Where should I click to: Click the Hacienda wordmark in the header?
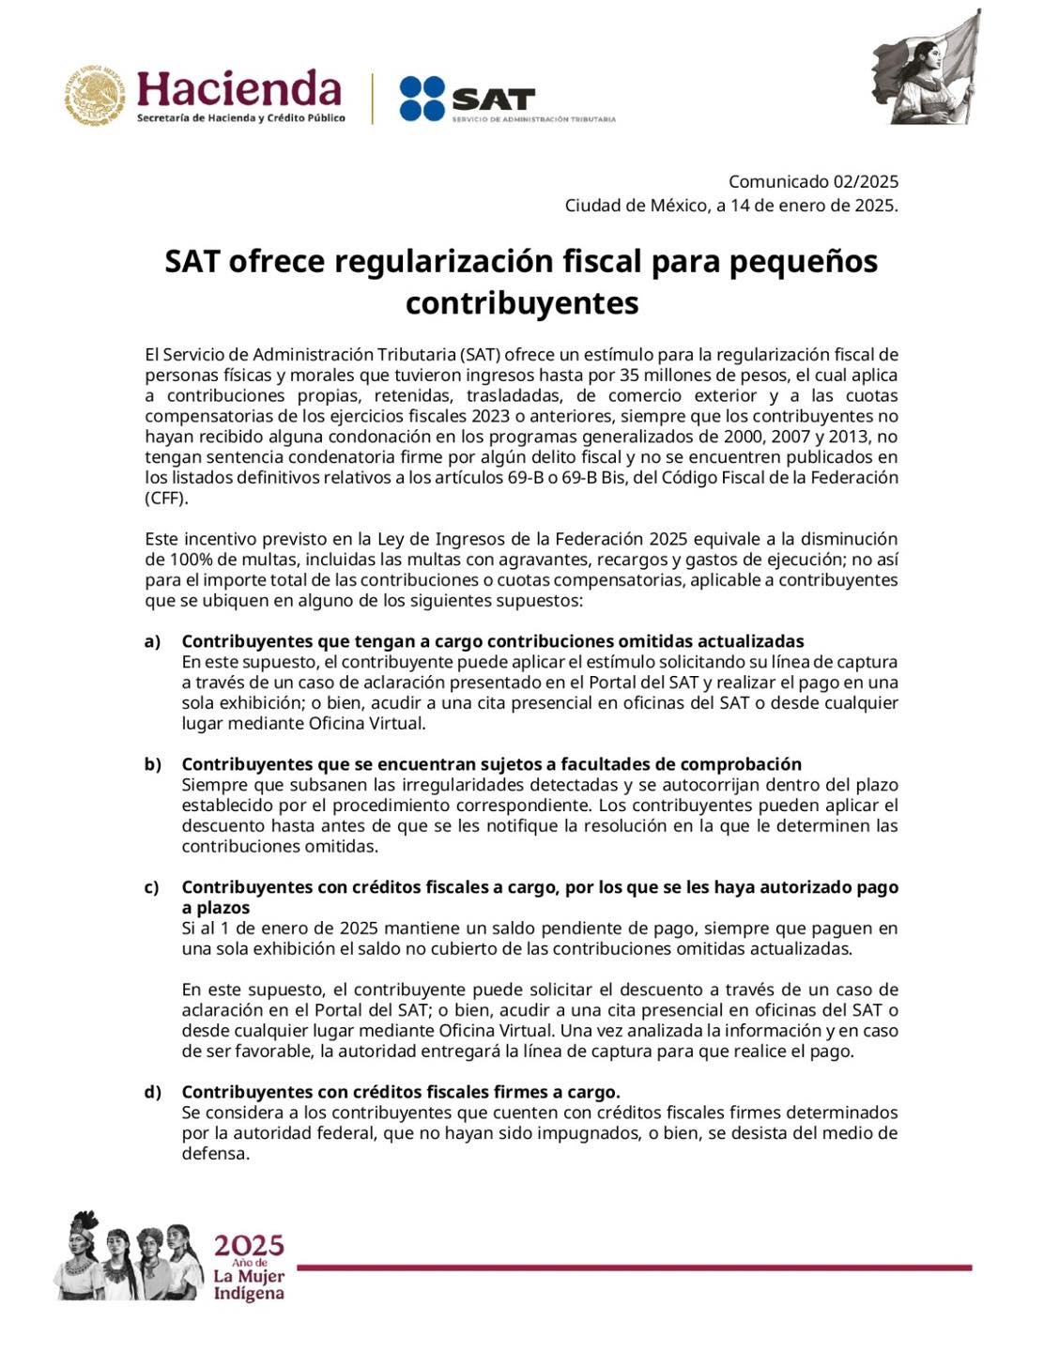[x=239, y=89]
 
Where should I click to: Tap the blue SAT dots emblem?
[x=422, y=99]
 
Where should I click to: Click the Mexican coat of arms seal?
[x=95, y=96]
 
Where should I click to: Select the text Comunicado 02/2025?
[x=813, y=182]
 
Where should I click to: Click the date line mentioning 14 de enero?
[x=730, y=206]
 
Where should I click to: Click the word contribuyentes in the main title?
[x=522, y=303]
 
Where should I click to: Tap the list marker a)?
[x=152, y=641]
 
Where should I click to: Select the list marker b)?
[x=152, y=764]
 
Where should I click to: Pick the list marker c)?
[x=152, y=887]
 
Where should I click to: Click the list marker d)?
[x=152, y=1092]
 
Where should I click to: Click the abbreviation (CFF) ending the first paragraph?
[x=166, y=499]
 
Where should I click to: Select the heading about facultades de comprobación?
[x=491, y=764]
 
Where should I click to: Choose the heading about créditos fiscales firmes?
[x=401, y=1092]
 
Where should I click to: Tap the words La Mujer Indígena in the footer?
[x=249, y=1284]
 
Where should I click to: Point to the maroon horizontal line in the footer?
[x=634, y=1267]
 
